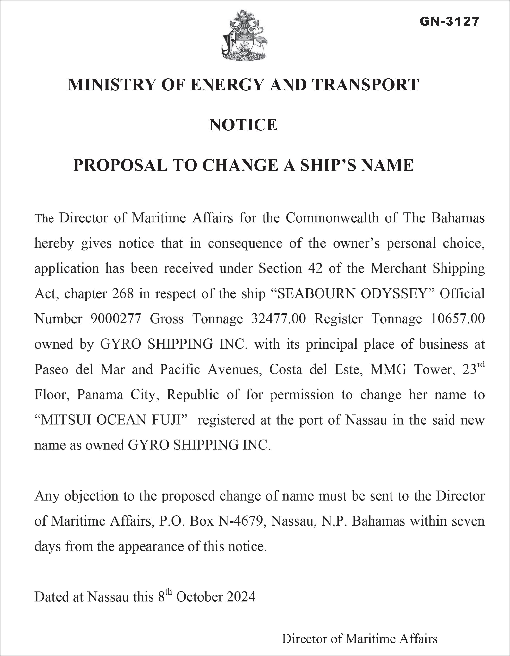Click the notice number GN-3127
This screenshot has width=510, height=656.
tap(449, 21)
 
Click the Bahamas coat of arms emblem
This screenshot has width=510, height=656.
tap(244, 35)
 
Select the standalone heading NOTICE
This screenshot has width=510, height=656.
tap(243, 125)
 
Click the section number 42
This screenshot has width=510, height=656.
tap(315, 268)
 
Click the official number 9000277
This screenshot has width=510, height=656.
tap(116, 319)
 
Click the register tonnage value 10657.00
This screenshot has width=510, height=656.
tap(458, 319)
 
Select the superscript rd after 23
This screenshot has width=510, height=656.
tap(481, 365)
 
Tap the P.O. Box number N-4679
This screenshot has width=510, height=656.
tap(241, 521)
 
